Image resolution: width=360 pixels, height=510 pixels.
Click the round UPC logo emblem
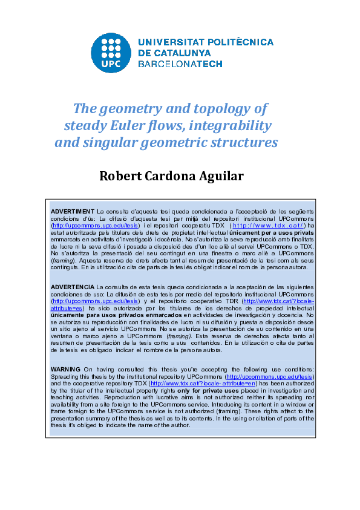pyautogui.click(x=110, y=52)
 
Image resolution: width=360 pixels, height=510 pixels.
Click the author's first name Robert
pyautogui.click(x=122, y=176)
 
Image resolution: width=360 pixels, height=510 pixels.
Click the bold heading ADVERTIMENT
pyautogui.click(x=73, y=211)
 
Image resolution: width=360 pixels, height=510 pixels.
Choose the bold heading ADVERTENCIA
pyautogui.click(x=73, y=286)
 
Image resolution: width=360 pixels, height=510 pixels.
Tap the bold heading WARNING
pyautogui.click(x=66, y=368)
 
